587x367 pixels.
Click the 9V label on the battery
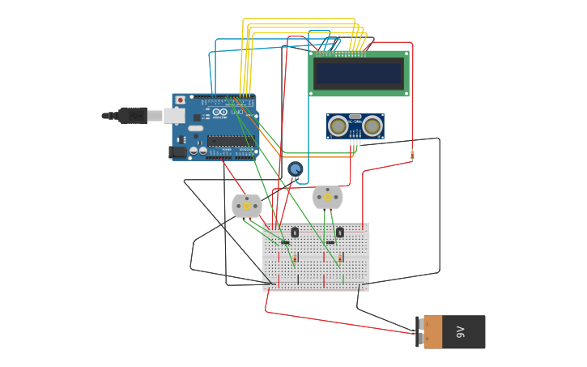pyautogui.click(x=461, y=332)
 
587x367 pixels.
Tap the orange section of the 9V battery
pyautogui.click(x=432, y=332)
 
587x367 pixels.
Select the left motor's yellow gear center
pyautogui.click(x=247, y=206)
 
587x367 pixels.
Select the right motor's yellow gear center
pyautogui.click(x=328, y=197)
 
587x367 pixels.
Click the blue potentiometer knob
pyautogui.click(x=296, y=169)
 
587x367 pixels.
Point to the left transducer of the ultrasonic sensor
pyautogui.click(x=338, y=126)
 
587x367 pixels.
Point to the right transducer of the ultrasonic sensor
pyautogui.click(x=372, y=126)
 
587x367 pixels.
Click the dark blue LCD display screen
pyautogui.click(x=359, y=74)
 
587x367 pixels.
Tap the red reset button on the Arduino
pyautogui.click(x=180, y=100)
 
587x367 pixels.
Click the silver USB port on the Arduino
pyautogui.click(x=174, y=116)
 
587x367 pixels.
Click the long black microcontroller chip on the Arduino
pyautogui.click(x=230, y=141)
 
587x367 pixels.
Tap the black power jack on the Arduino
pyautogui.click(x=176, y=151)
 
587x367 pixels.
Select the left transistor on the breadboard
pyautogui.click(x=295, y=233)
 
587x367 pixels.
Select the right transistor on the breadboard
pyautogui.click(x=339, y=233)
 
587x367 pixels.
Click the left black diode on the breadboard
pyautogui.click(x=285, y=242)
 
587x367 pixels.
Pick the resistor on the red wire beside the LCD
pyautogui.click(x=412, y=154)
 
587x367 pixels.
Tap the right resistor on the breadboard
pyautogui.click(x=339, y=258)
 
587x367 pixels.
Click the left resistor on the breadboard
pyautogui.click(x=295, y=258)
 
